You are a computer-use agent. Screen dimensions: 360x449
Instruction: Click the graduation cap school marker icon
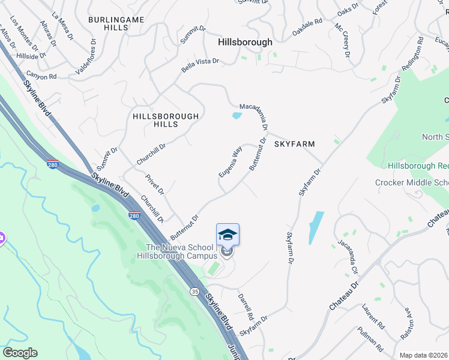228,235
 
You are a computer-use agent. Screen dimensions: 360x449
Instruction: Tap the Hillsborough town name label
245,42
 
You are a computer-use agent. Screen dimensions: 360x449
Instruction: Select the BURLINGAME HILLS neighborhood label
116,24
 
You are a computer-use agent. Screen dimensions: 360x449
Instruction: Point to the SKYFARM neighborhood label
295,144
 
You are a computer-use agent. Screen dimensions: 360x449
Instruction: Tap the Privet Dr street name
155,185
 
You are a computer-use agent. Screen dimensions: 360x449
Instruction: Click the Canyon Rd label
41,77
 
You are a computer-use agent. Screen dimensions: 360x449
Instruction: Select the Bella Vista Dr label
200,65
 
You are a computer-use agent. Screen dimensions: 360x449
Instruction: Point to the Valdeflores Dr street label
84,56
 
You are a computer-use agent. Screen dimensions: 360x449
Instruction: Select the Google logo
20,353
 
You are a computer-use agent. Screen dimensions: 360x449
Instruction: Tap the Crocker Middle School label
412,182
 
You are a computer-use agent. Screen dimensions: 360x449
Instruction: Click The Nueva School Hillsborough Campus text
179,251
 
